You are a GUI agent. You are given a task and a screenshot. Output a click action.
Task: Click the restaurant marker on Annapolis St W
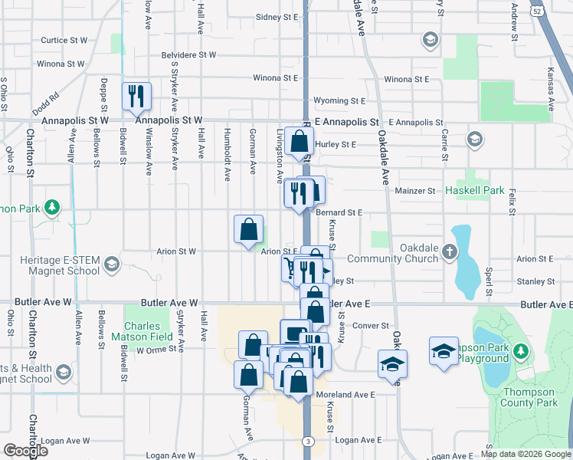(x=137, y=97)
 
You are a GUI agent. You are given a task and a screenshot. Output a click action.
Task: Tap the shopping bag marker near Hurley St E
(x=300, y=141)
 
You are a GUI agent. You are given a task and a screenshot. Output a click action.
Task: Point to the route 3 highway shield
(x=307, y=441)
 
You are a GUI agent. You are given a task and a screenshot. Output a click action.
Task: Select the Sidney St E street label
(x=276, y=16)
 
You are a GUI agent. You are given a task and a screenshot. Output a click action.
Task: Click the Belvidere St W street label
(x=188, y=55)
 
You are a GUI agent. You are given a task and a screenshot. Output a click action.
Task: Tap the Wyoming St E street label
(x=339, y=100)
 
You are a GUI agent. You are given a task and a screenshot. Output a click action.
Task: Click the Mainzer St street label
(x=414, y=191)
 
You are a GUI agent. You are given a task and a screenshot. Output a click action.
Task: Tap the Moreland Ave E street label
(x=345, y=395)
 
